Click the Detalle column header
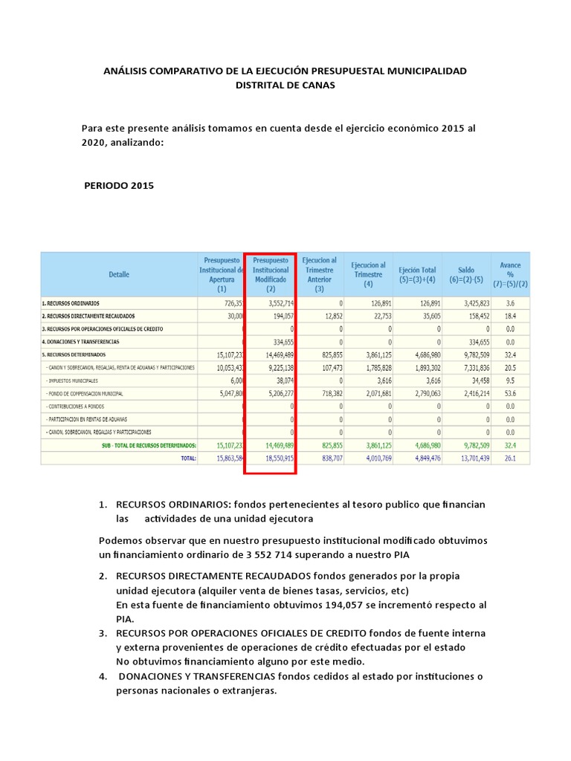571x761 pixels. (x=119, y=274)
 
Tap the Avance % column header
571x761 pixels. (x=509, y=274)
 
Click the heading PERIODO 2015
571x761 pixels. (x=120, y=186)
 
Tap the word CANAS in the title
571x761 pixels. (x=320, y=85)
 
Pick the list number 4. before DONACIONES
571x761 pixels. (x=103, y=676)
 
